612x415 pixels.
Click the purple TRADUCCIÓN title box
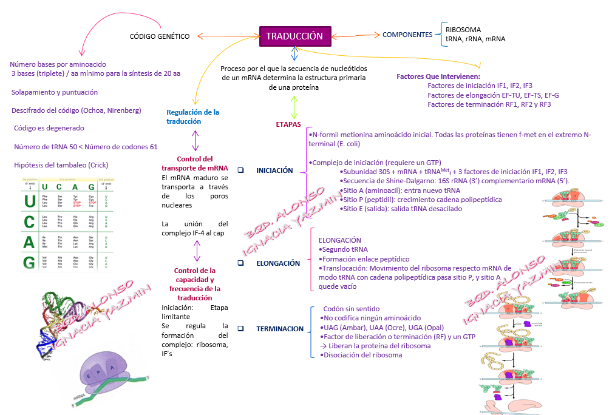[294, 36]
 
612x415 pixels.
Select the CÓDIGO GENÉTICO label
[160, 36]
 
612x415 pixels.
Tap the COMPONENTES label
[407, 35]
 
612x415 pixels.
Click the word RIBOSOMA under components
[463, 30]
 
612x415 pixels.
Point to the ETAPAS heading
[288, 124]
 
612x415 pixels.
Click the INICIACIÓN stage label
[274, 170]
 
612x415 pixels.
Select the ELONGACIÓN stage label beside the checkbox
[278, 263]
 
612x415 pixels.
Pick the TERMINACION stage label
[279, 328]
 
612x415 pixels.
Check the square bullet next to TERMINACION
[241, 328]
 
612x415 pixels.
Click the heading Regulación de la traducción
[192, 117]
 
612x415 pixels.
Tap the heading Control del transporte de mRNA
[195, 163]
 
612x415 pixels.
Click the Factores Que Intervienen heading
[438, 77]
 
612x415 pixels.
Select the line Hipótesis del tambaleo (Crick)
[61, 165]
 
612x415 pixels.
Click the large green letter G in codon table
[29, 262]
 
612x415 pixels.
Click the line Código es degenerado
[49, 129]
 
